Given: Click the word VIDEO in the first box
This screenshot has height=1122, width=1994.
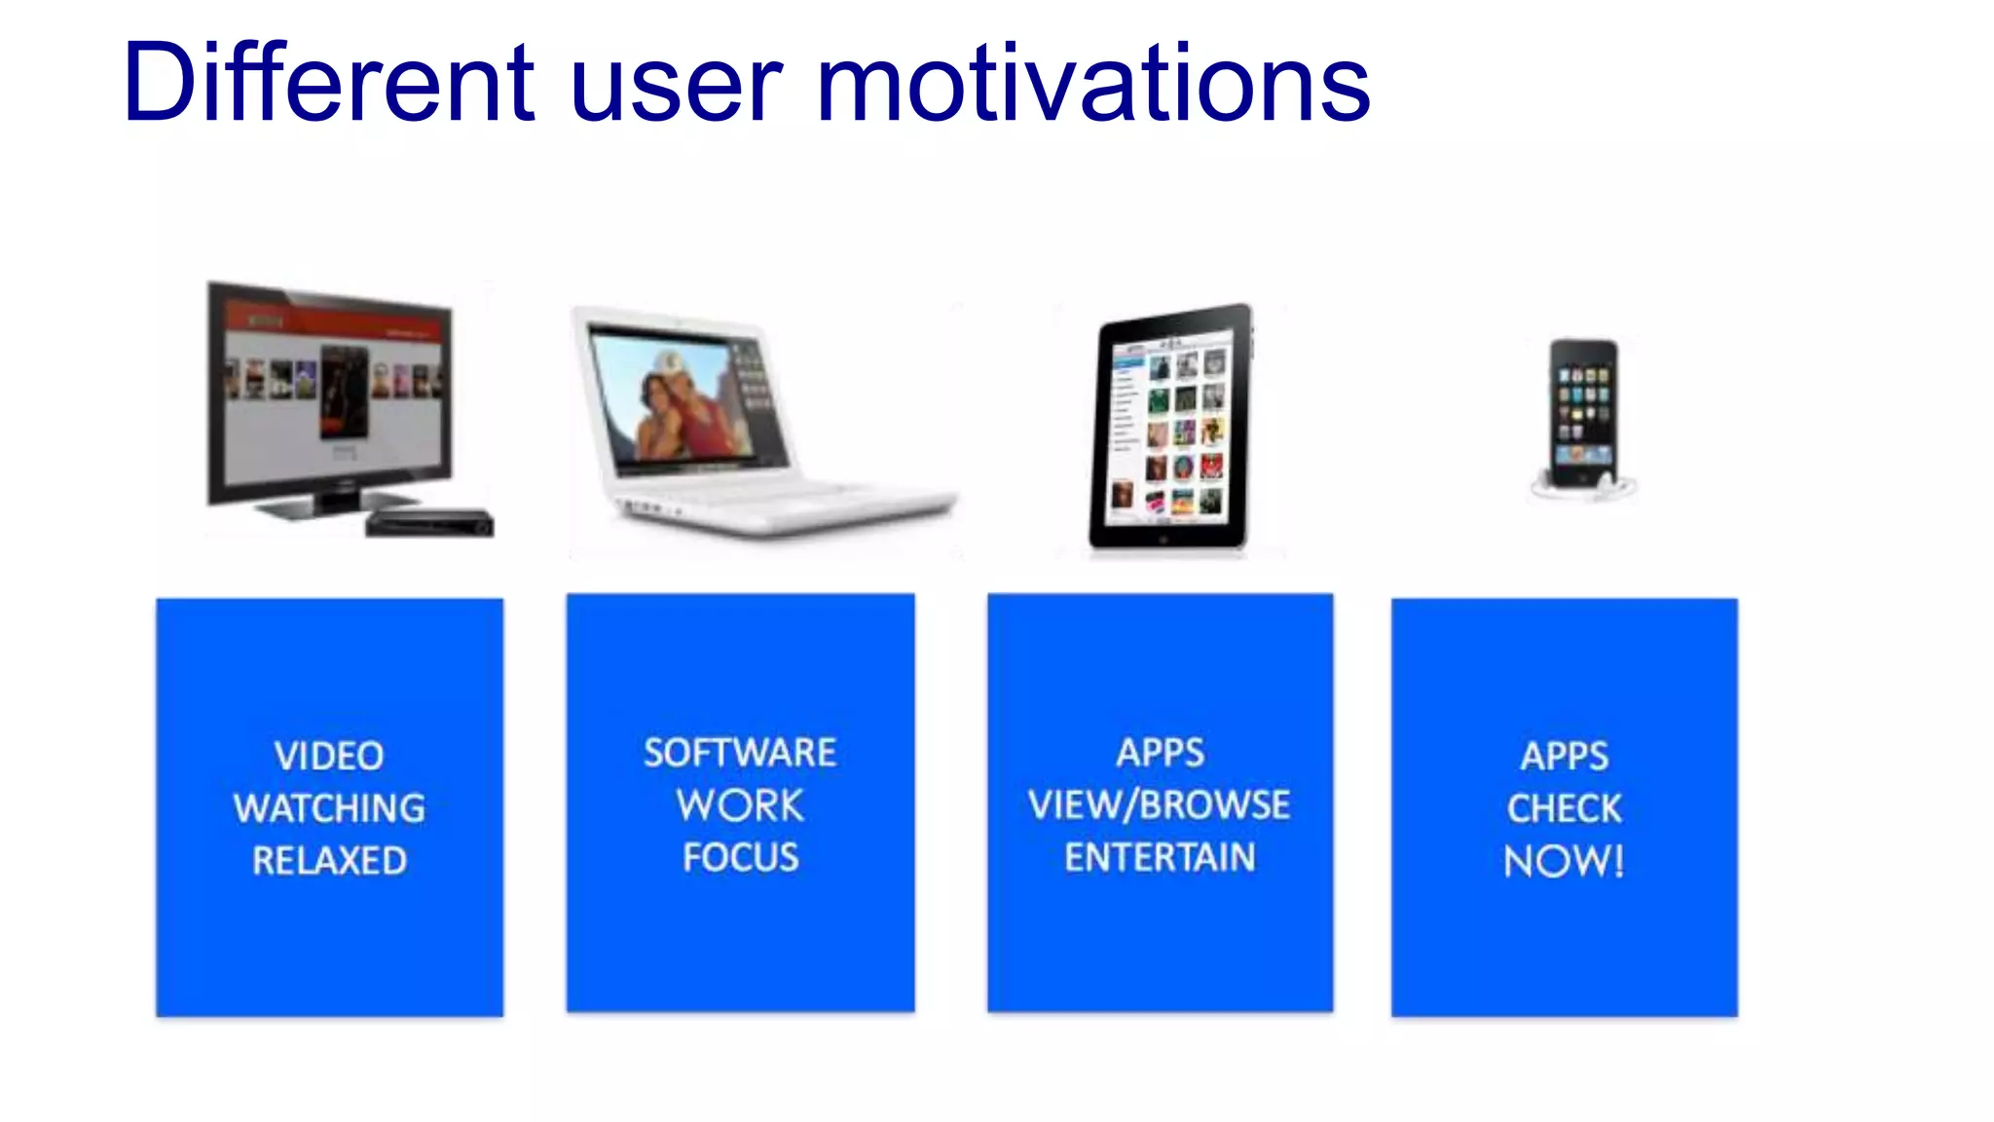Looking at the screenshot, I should click(x=329, y=756).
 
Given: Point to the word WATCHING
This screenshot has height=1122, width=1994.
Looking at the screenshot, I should click(x=329, y=808).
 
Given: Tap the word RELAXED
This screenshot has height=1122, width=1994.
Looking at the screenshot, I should click(x=329, y=861).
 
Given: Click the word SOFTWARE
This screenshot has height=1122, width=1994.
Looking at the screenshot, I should click(x=740, y=753).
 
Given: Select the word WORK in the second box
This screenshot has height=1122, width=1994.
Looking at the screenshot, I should click(x=740, y=805).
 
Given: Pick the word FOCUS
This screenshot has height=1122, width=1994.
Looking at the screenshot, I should click(x=740, y=858).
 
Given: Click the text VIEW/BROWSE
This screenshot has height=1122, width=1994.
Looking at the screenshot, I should click(x=1159, y=805).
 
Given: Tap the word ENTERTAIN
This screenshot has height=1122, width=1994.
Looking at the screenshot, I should click(x=1159, y=858).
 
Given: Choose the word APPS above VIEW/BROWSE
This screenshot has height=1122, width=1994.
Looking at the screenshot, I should click(x=1160, y=753).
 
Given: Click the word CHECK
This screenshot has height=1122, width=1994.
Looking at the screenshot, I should click(x=1564, y=808).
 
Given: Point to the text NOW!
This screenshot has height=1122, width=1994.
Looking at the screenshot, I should click(x=1564, y=862).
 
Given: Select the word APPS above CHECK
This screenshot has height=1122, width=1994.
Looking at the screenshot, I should click(x=1564, y=756).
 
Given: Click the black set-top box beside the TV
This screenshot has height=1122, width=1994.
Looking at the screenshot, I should click(x=429, y=523).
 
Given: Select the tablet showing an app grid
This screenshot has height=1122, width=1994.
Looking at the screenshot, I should click(x=1171, y=429).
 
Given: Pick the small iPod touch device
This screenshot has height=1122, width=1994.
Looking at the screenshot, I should click(x=1583, y=414).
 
